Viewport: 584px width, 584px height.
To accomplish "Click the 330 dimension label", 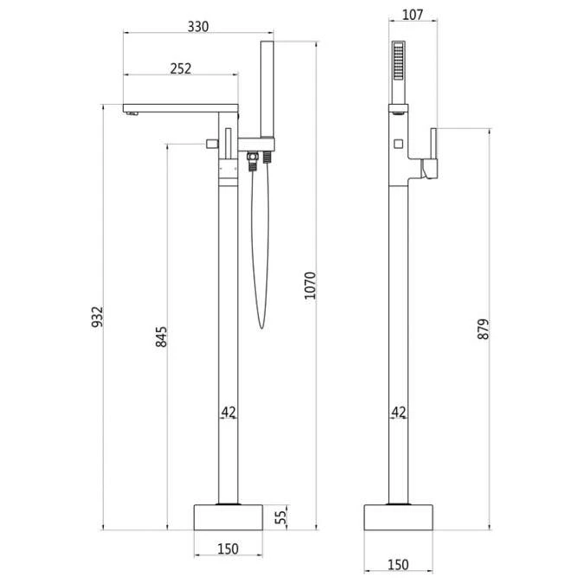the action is (x=198, y=27).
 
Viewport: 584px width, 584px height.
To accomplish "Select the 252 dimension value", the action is (x=181, y=68).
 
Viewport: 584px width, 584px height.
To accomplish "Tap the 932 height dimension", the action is (x=97, y=317).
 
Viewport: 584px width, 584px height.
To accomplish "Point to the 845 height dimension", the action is (x=161, y=337).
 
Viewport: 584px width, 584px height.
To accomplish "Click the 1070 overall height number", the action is (x=310, y=286).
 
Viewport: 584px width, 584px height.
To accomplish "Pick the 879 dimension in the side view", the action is (x=483, y=329).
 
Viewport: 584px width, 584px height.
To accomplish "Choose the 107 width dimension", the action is (x=413, y=15).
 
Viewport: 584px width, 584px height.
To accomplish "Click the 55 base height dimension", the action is (x=281, y=517).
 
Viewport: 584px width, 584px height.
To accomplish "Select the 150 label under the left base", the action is (x=228, y=549).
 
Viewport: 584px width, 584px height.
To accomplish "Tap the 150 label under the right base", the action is (x=398, y=565).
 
